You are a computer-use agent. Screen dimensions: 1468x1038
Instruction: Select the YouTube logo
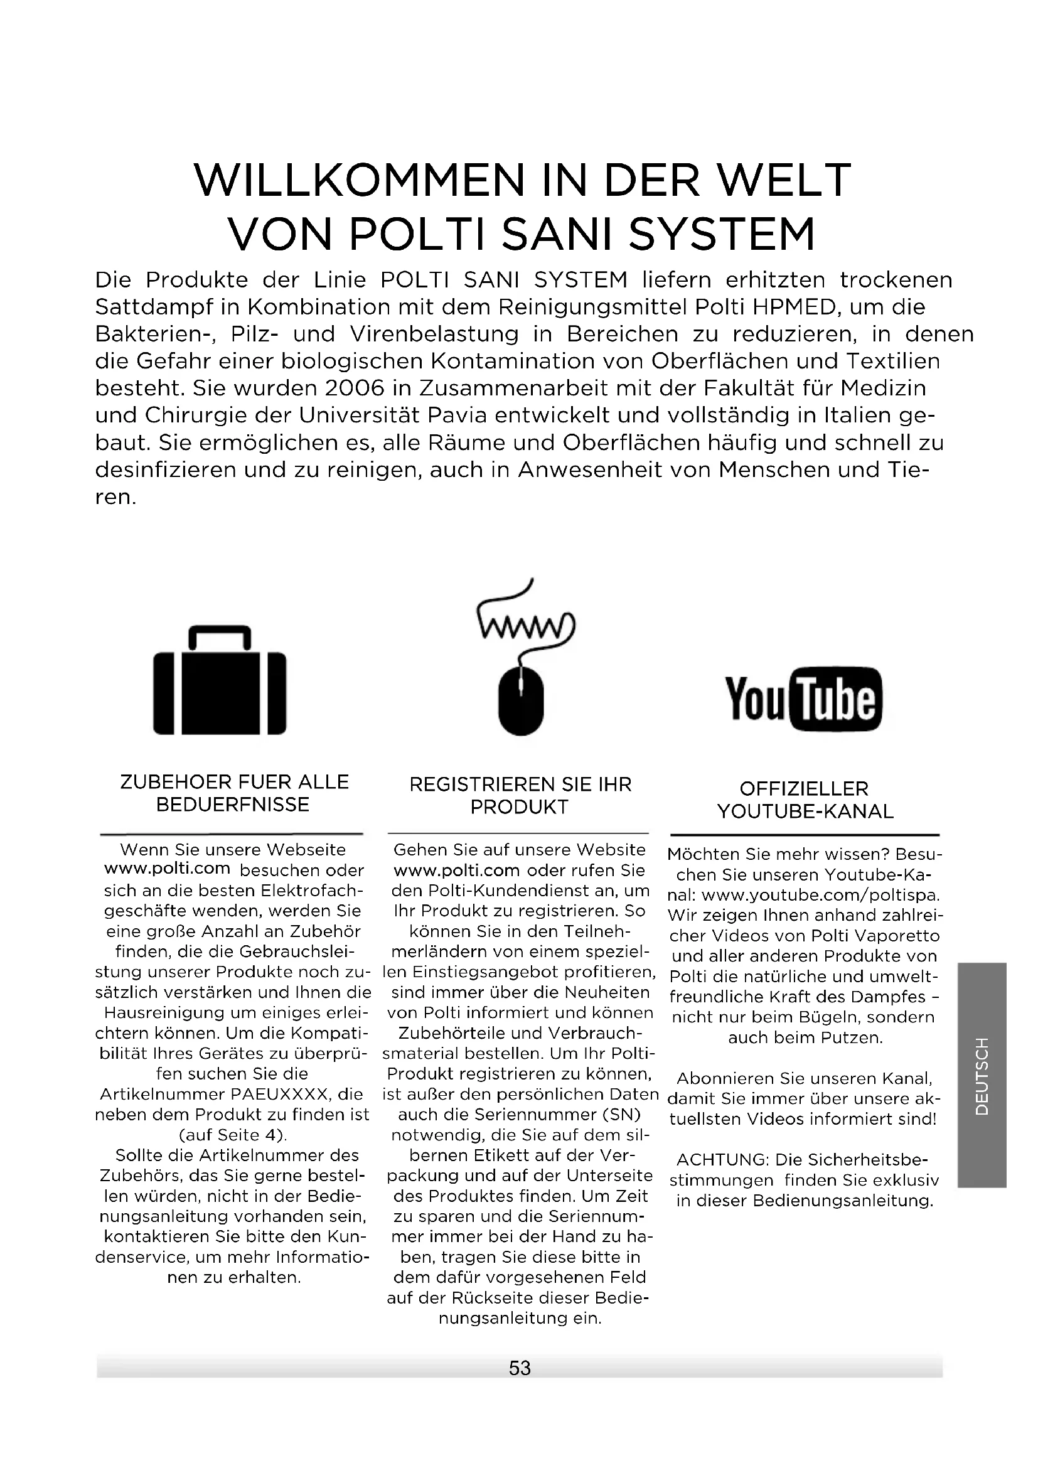click(803, 699)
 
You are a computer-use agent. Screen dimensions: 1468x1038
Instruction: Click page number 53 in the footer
click(520, 1368)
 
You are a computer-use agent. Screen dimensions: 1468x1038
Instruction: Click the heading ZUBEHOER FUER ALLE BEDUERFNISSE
click(234, 793)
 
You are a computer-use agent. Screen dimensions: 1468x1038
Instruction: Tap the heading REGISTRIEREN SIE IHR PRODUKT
click(520, 795)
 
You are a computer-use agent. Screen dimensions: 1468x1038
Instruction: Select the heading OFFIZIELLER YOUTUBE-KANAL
click(805, 800)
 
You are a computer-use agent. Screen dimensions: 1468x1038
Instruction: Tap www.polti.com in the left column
click(167, 868)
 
